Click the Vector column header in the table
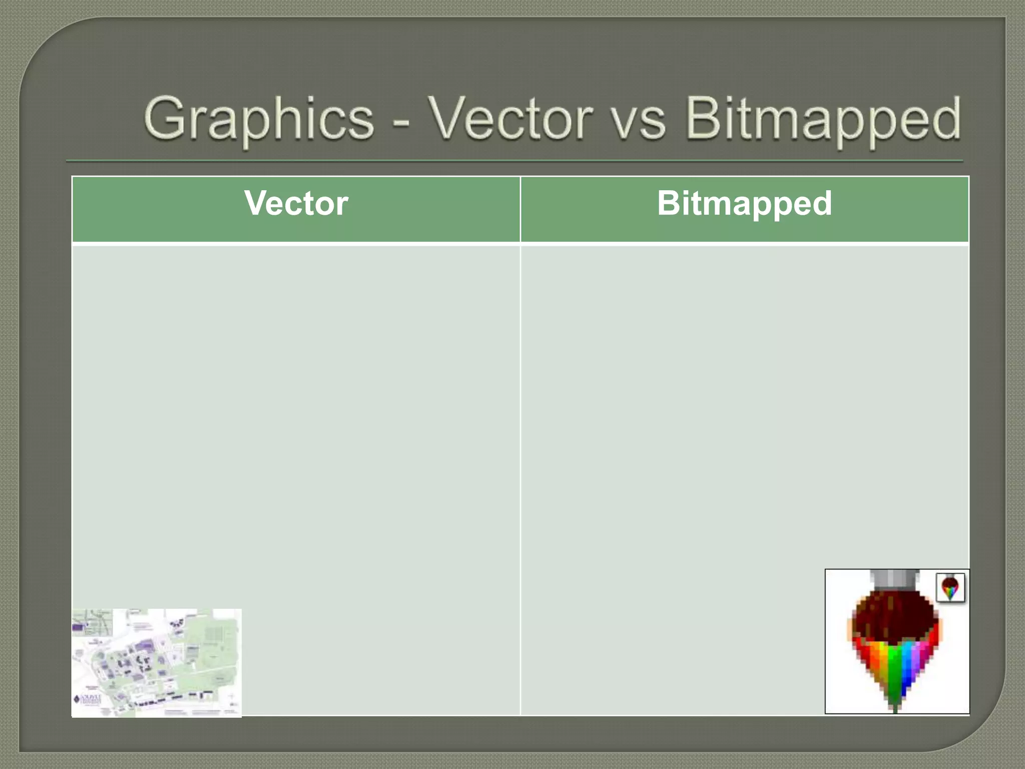(x=296, y=204)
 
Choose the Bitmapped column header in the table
(x=744, y=204)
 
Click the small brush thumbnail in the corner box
(x=950, y=588)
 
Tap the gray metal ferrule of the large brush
(x=895, y=581)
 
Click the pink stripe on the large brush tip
(x=924, y=653)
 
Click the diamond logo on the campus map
(x=77, y=699)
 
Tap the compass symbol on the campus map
(x=231, y=698)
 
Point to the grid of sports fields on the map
(x=215, y=633)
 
